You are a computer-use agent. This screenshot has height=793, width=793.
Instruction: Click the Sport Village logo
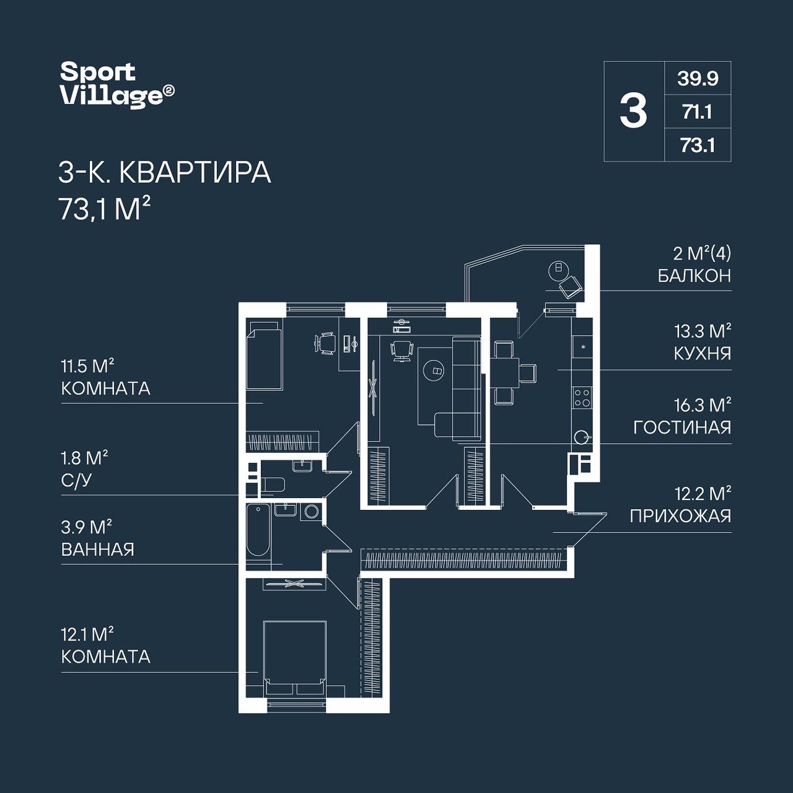tap(117, 85)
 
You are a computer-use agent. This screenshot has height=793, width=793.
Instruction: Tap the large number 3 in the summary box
tap(634, 111)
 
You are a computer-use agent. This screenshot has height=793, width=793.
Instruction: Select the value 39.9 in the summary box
tap(698, 78)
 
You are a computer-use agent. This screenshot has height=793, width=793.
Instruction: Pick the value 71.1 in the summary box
tap(698, 112)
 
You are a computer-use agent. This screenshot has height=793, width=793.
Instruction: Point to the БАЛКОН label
tap(694, 276)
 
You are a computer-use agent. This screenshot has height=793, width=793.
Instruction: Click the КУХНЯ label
tap(703, 354)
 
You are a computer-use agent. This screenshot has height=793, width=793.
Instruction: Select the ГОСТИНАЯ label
tap(682, 427)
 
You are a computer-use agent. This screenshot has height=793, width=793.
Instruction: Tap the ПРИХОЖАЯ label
tap(680, 516)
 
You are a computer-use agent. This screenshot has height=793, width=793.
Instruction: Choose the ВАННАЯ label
tap(97, 550)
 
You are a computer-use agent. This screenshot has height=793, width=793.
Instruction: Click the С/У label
tap(76, 481)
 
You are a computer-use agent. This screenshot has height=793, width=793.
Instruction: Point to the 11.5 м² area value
tap(87, 366)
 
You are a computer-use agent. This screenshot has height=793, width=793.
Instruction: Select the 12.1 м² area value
tap(87, 634)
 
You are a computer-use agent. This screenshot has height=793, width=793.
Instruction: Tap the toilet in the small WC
tap(273, 484)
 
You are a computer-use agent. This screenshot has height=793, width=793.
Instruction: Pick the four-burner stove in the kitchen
tap(582, 397)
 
